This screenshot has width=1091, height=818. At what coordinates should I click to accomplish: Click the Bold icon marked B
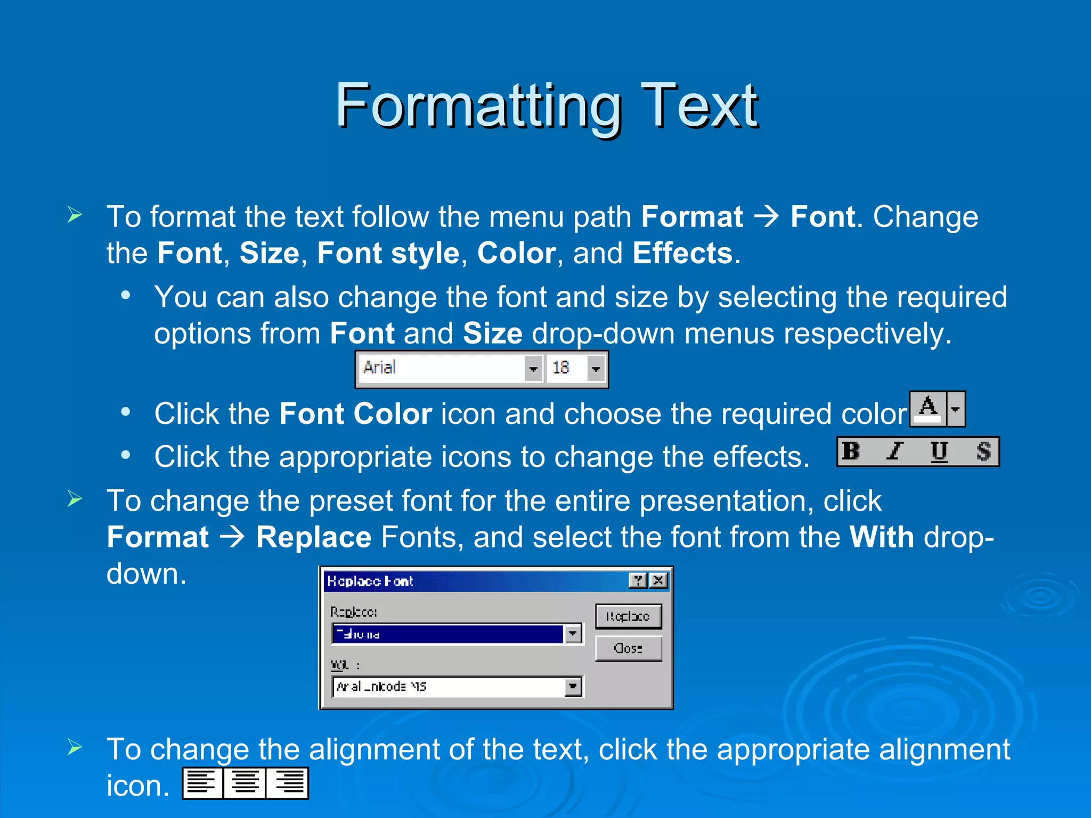point(851,451)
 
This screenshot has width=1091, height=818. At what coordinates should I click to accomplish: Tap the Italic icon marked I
point(895,451)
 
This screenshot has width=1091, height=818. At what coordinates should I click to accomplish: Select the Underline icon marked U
point(939,452)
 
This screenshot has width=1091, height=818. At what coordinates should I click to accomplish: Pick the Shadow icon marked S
point(983,452)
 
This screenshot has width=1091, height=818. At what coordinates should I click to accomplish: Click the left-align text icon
point(202,783)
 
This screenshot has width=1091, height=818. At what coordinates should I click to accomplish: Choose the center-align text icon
point(245,783)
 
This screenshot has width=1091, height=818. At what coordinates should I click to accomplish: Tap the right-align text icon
point(288,783)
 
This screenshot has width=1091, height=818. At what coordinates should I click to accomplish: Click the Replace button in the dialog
point(628,616)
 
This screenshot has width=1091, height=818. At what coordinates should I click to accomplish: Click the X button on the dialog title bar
point(659,580)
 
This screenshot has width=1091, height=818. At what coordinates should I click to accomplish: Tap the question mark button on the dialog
point(638,580)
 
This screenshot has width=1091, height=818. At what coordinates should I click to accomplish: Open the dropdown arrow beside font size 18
point(596,369)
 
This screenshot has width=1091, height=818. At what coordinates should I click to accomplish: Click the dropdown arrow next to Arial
point(533,369)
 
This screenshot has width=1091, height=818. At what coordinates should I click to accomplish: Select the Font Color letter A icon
point(928,408)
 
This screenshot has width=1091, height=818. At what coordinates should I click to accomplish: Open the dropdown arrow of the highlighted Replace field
point(573,633)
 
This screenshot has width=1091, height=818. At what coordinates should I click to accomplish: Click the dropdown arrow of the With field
point(573,686)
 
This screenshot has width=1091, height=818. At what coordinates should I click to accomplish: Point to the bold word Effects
point(682,252)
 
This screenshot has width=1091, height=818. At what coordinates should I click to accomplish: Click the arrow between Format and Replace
point(233,537)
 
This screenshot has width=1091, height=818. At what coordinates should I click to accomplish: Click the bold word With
point(881,537)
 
